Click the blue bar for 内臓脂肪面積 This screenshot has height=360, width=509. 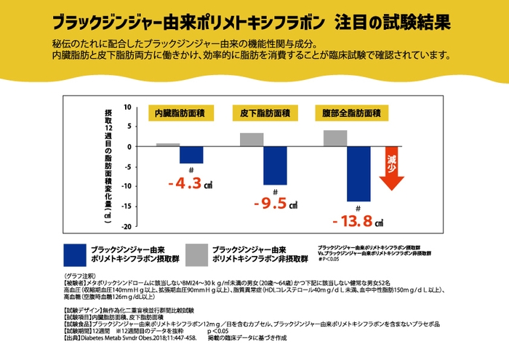pos(191,155)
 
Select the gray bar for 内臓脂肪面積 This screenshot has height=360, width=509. pos(168,145)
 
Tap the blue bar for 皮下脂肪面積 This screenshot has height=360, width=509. pos(275,166)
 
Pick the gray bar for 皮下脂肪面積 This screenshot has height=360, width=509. pos(252,140)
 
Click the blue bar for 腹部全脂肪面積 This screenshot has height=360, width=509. pos(358,174)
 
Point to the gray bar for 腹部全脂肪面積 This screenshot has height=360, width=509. pos(335,138)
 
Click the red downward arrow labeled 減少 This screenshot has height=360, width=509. pos(391,168)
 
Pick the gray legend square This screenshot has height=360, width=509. pos(196,253)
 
